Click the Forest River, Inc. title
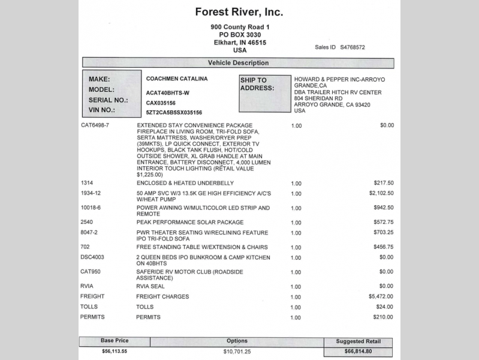pos(239,12)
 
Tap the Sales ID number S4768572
pos(353,47)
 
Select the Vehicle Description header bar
pos(238,63)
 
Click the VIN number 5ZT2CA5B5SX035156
pos(174,112)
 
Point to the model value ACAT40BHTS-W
pos(167,93)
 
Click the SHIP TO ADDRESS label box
pos(264,93)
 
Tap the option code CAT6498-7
pos(95,125)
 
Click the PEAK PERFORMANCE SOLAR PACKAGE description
pos(190,222)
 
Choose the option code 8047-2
pos(89,232)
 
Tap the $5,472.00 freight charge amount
pos(381,296)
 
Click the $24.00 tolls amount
pos(385,307)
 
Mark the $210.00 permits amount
pos(383,317)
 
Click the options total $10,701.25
pos(237,351)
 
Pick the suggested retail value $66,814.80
pos(358,352)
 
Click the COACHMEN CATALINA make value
pos(177,79)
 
